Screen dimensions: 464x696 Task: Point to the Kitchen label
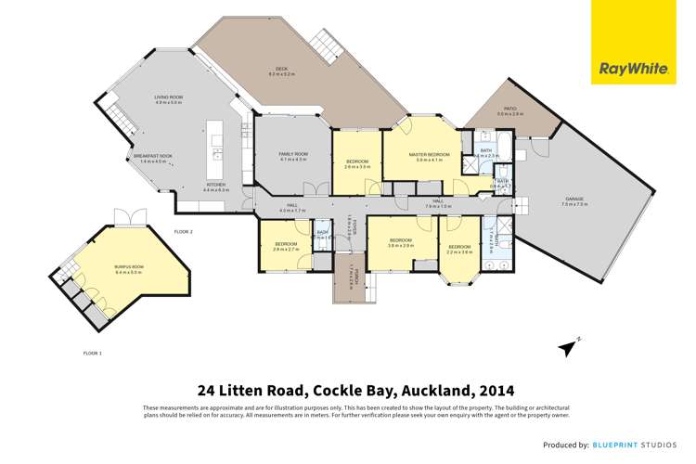(215, 185)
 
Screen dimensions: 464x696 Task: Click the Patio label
(509, 109)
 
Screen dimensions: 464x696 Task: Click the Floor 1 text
(92, 353)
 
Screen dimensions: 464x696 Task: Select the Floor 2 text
(183, 231)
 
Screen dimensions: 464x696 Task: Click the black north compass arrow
(566, 347)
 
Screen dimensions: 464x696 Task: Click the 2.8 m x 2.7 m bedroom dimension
(286, 250)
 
